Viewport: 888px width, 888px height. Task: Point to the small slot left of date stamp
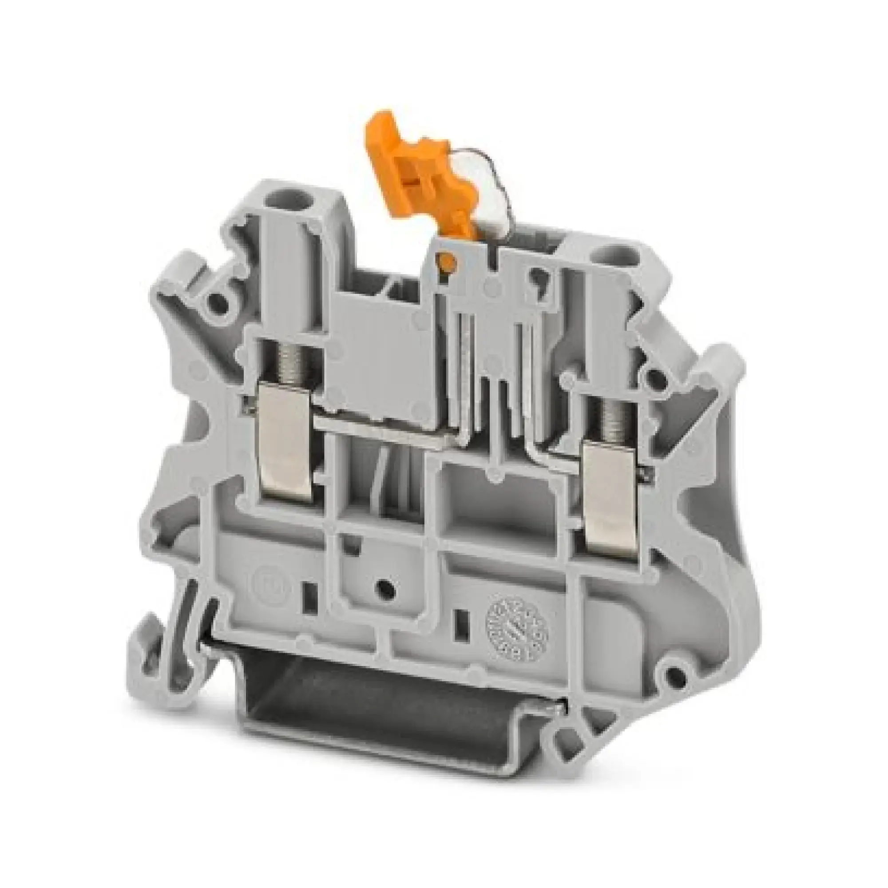460,622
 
